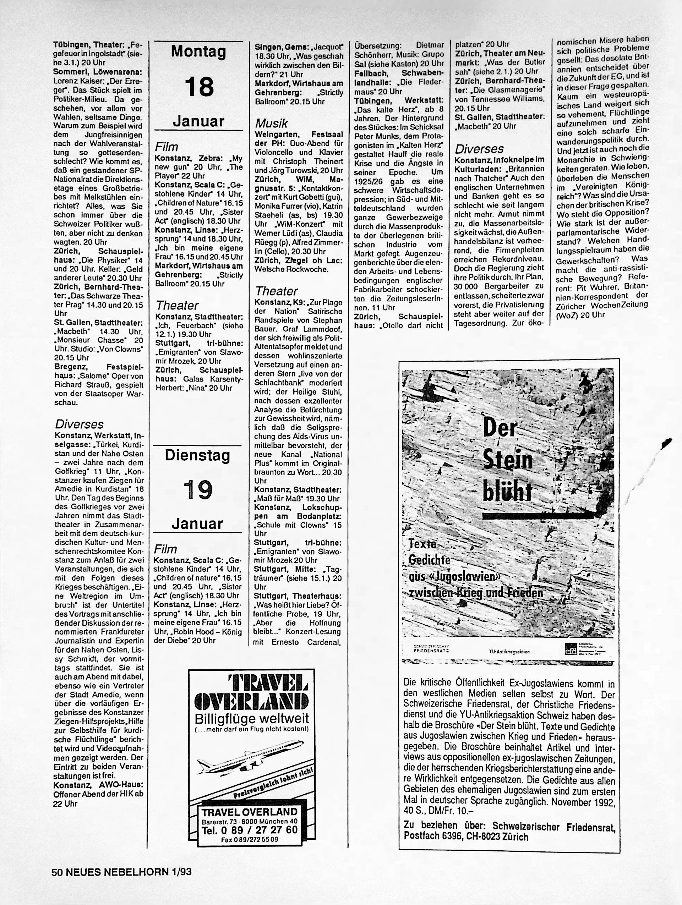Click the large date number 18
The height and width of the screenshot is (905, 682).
[x=199, y=86]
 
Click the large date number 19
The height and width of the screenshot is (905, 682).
[x=198, y=489]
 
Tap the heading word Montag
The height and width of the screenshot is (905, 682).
[x=198, y=51]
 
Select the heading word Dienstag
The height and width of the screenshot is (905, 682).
[x=197, y=455]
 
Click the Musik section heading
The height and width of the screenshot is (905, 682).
[x=271, y=124]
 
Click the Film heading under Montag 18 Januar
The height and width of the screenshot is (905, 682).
[x=166, y=147]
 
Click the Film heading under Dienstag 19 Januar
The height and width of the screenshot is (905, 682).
[x=165, y=549]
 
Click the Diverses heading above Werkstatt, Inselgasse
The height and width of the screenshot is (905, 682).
[x=79, y=424]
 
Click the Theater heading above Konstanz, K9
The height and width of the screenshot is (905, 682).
[x=276, y=291]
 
